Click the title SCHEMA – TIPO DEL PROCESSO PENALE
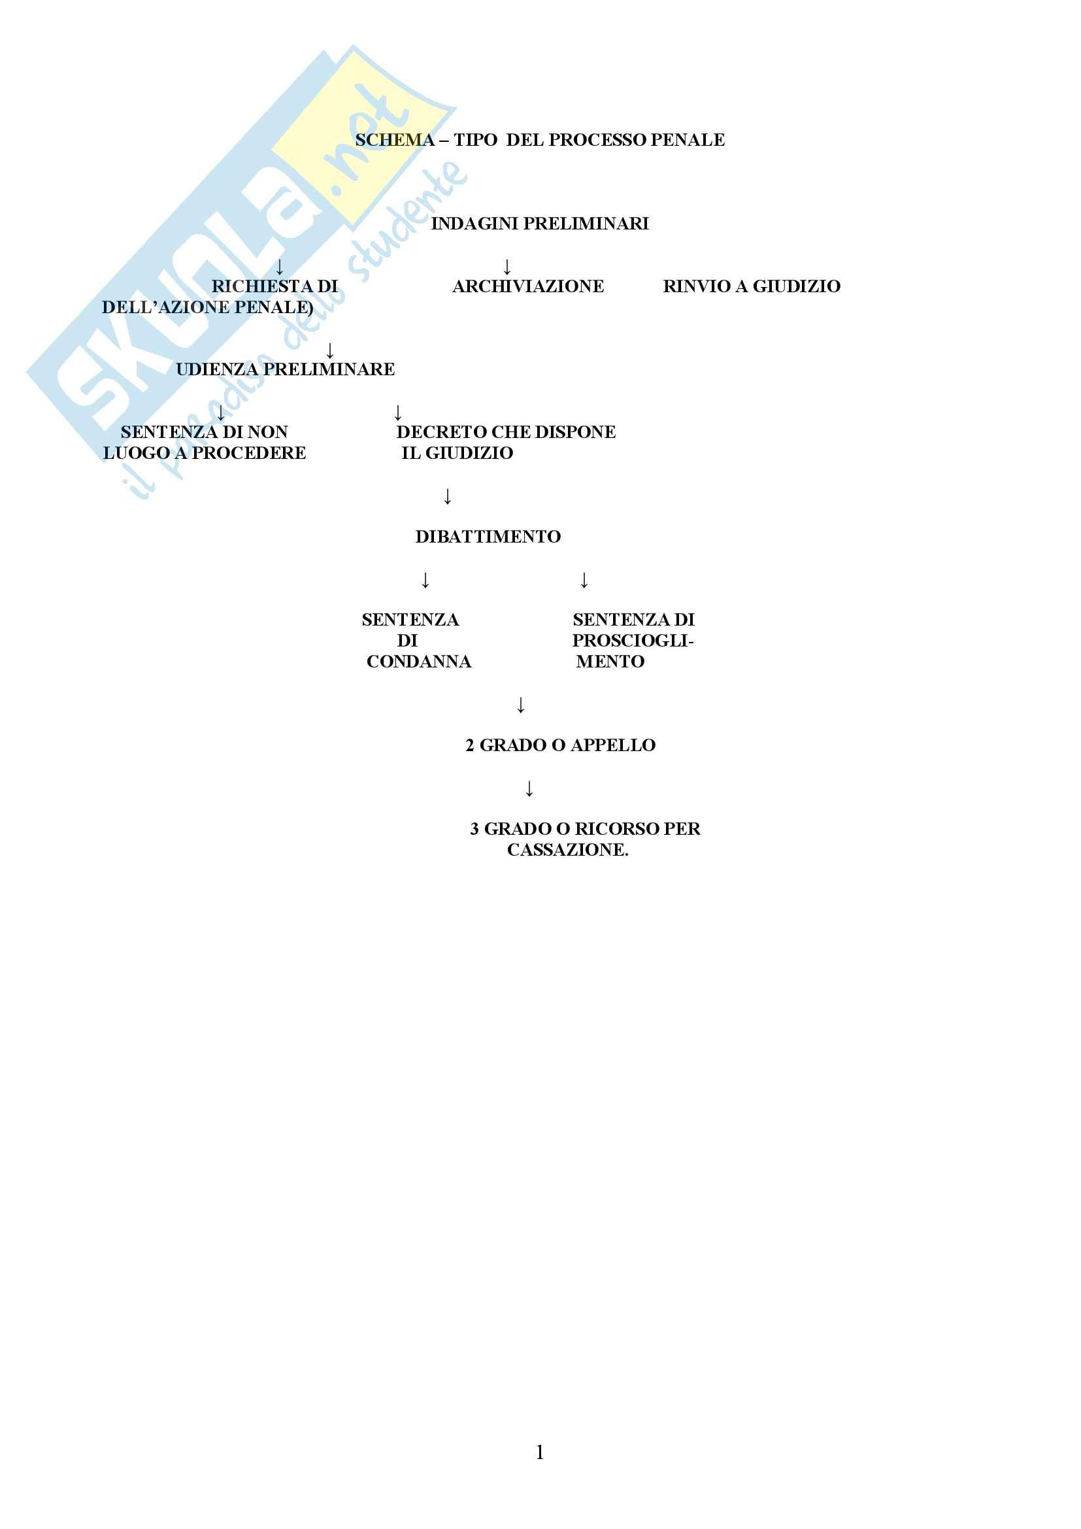(x=540, y=140)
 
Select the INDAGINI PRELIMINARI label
(x=540, y=224)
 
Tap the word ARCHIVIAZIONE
(x=528, y=286)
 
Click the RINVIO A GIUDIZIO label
(x=752, y=286)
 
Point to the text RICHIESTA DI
(x=274, y=286)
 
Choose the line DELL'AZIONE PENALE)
(x=207, y=308)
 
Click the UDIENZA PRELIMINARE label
(x=285, y=369)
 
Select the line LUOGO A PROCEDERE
(x=205, y=454)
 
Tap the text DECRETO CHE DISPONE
(x=506, y=432)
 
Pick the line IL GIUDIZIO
(x=457, y=454)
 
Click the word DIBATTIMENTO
(x=488, y=537)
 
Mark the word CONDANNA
(x=419, y=662)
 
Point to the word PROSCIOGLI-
(x=633, y=641)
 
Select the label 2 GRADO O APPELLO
(x=561, y=745)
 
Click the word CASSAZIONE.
(x=567, y=850)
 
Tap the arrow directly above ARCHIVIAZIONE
(x=507, y=268)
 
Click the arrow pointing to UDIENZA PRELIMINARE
(x=330, y=351)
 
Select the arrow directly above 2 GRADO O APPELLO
(x=521, y=705)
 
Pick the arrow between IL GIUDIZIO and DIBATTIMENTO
(x=448, y=497)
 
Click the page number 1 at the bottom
(x=540, y=1452)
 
